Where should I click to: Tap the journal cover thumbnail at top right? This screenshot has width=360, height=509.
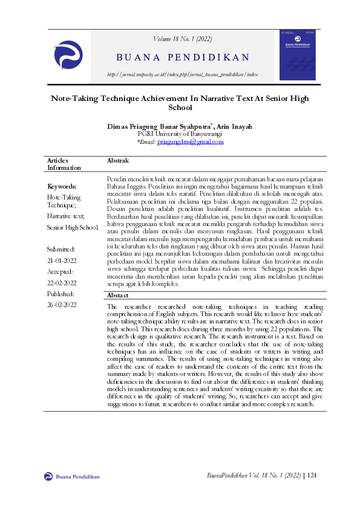click(297, 56)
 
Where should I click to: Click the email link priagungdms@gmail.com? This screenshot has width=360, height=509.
click(191, 142)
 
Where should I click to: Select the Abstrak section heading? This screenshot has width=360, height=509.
click(117, 160)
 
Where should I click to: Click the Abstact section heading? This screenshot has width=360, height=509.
click(117, 295)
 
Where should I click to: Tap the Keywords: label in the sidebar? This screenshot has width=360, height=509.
click(62, 187)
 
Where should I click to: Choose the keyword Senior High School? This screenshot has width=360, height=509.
click(73, 227)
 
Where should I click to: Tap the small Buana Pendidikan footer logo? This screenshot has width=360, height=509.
click(49, 476)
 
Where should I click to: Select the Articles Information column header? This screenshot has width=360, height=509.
click(64, 164)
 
